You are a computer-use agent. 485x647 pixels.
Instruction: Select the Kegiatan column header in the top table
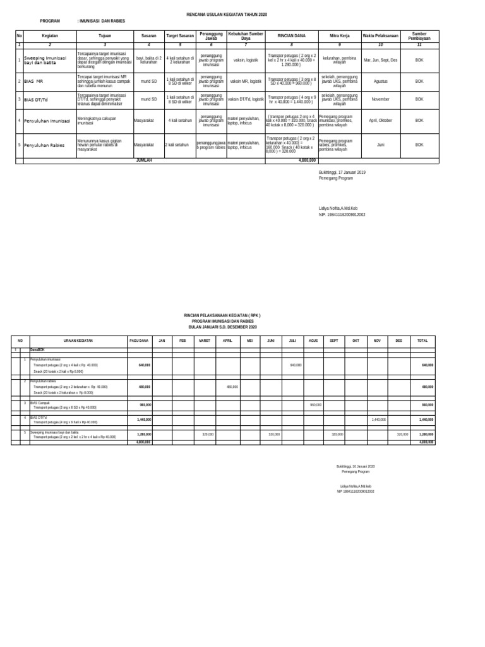coord(49,37)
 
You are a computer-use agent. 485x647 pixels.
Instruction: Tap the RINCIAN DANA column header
coord(291,37)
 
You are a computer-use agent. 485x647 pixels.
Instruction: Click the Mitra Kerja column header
coord(339,37)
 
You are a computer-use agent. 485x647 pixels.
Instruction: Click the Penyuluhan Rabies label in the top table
coord(45,145)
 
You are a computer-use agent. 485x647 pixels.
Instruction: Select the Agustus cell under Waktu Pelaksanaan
coord(380,82)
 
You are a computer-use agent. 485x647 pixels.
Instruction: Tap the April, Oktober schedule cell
coord(380,119)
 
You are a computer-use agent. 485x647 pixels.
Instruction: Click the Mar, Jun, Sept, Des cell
coord(380,59)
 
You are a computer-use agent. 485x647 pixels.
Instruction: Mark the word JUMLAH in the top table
coord(145,160)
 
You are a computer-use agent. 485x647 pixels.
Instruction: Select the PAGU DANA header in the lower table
coord(139,341)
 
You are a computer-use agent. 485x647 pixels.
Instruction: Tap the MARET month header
coord(205,341)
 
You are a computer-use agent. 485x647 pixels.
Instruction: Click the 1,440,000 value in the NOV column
coord(378,420)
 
